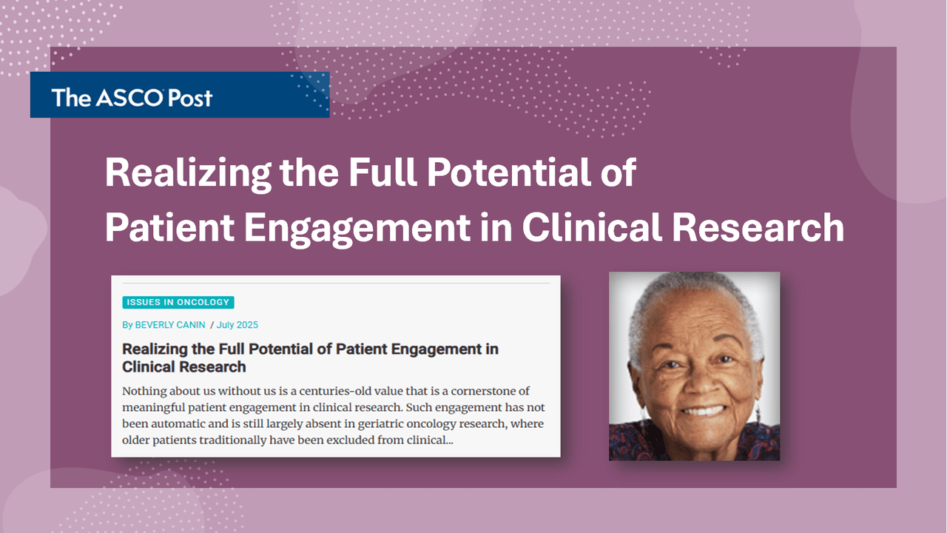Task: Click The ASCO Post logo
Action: click(x=132, y=98)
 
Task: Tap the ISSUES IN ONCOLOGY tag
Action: click(x=178, y=302)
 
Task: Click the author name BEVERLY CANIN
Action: click(x=170, y=325)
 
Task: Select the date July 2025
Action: click(x=237, y=325)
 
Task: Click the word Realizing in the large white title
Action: click(x=188, y=173)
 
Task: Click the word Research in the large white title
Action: click(x=758, y=227)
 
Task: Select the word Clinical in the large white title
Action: click(x=592, y=227)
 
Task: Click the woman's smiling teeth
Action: click(x=703, y=410)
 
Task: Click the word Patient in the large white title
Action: click(x=169, y=227)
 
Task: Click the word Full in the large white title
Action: click(x=382, y=172)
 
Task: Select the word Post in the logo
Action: click(x=190, y=98)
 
